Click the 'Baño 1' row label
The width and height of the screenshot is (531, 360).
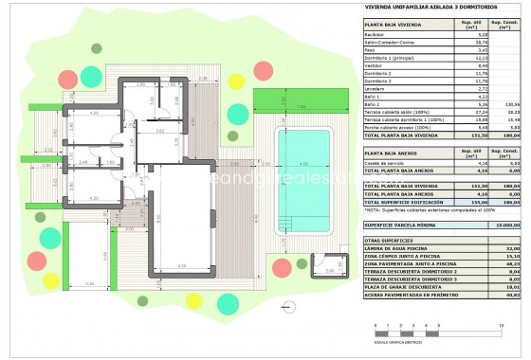pyautogui.click(x=374, y=96)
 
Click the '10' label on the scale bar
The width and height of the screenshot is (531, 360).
pyautogui.click(x=499, y=325)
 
